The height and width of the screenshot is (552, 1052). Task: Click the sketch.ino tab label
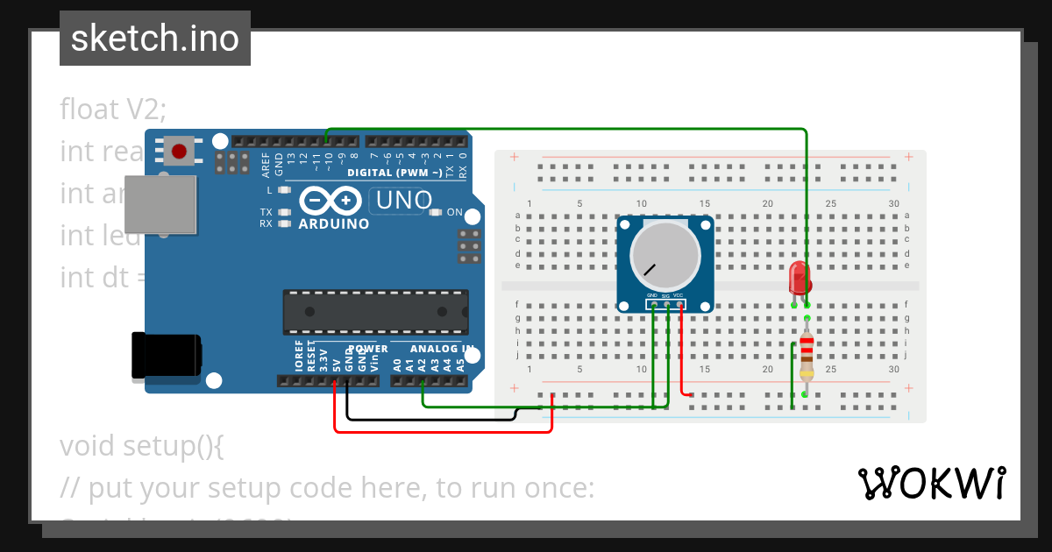click(155, 39)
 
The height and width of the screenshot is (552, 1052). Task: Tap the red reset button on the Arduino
click(180, 152)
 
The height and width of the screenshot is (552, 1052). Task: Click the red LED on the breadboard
click(800, 279)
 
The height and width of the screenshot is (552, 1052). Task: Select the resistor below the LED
click(807, 357)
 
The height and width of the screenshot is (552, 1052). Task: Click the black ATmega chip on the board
click(375, 312)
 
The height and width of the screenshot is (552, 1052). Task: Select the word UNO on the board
click(403, 201)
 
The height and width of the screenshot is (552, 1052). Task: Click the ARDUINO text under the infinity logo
click(333, 223)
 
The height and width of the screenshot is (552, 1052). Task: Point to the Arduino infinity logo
click(331, 201)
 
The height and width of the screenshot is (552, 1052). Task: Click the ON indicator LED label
click(454, 212)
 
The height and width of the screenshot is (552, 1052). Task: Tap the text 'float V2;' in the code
click(113, 110)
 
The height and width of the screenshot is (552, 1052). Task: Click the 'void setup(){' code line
click(142, 446)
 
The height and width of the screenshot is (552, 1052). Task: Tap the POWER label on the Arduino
click(367, 349)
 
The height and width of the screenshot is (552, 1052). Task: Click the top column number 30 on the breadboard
click(893, 204)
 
